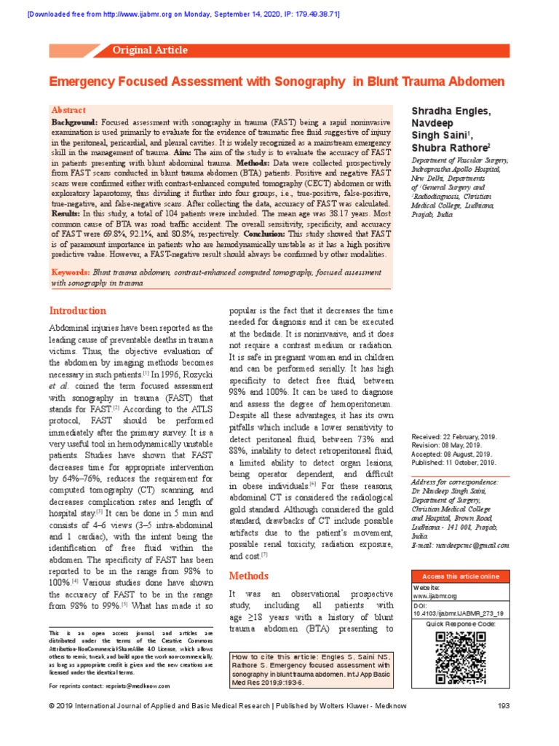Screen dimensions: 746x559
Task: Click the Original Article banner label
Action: (150, 50)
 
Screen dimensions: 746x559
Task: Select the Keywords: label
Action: (71, 272)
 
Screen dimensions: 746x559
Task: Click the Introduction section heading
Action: (77, 310)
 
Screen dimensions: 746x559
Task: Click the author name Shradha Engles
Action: (451, 110)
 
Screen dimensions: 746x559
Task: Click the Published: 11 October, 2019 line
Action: (453, 462)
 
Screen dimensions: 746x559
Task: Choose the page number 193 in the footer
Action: (502, 726)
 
